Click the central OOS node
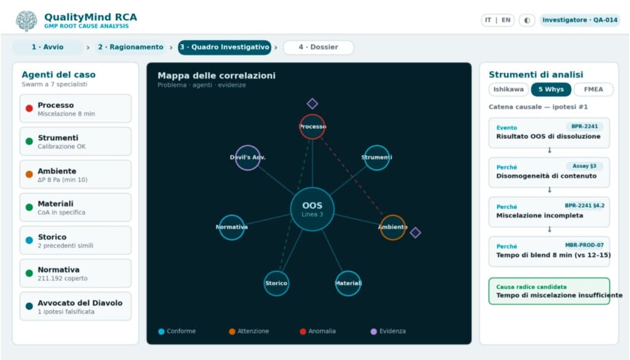click(312, 209)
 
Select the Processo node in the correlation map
click(312, 127)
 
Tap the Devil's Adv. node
click(247, 158)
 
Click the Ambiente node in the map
click(393, 228)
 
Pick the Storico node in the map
click(276, 283)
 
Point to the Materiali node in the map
click(348, 283)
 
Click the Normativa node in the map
click(232, 228)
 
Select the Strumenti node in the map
click(377, 158)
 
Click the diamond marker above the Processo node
click(312, 103)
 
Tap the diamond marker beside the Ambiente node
click(415, 232)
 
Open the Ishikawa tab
click(508, 89)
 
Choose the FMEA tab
click(594, 89)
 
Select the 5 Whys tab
click(551, 89)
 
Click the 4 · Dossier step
click(318, 47)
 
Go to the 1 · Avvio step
click(47, 47)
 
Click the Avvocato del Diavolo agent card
click(76, 306)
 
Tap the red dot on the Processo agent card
click(29, 108)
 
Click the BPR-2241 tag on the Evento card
click(584, 126)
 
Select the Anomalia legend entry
click(317, 331)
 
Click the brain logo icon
click(26, 20)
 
